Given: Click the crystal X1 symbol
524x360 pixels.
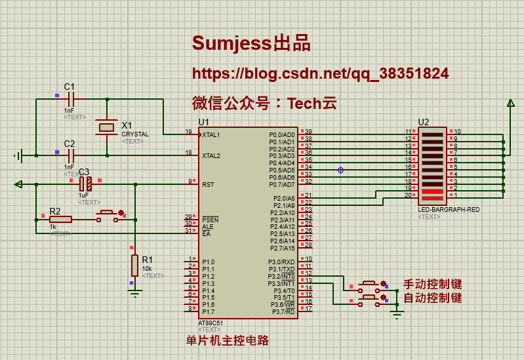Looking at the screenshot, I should point(106,127).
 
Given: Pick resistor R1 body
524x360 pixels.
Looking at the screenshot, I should point(134,265).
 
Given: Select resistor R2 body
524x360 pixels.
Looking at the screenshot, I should point(60,219).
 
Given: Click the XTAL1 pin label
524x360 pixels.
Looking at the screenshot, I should point(211,134).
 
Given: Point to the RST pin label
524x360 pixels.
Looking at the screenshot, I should point(208,184).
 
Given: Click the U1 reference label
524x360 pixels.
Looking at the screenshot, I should point(204,123).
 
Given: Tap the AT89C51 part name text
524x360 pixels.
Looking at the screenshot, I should point(211,323).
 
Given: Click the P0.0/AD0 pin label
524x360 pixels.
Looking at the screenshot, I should point(282,134).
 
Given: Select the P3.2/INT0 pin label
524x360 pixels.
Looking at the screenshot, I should point(282,277).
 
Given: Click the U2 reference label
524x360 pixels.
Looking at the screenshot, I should point(423,122).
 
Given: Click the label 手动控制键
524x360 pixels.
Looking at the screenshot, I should point(432,285).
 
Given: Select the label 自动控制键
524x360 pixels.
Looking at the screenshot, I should point(432,298).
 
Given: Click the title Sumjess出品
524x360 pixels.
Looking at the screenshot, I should point(251,44).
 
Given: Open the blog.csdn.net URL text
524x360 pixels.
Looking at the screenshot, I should point(320,73).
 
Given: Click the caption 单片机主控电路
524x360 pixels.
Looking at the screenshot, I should point(228,340).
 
